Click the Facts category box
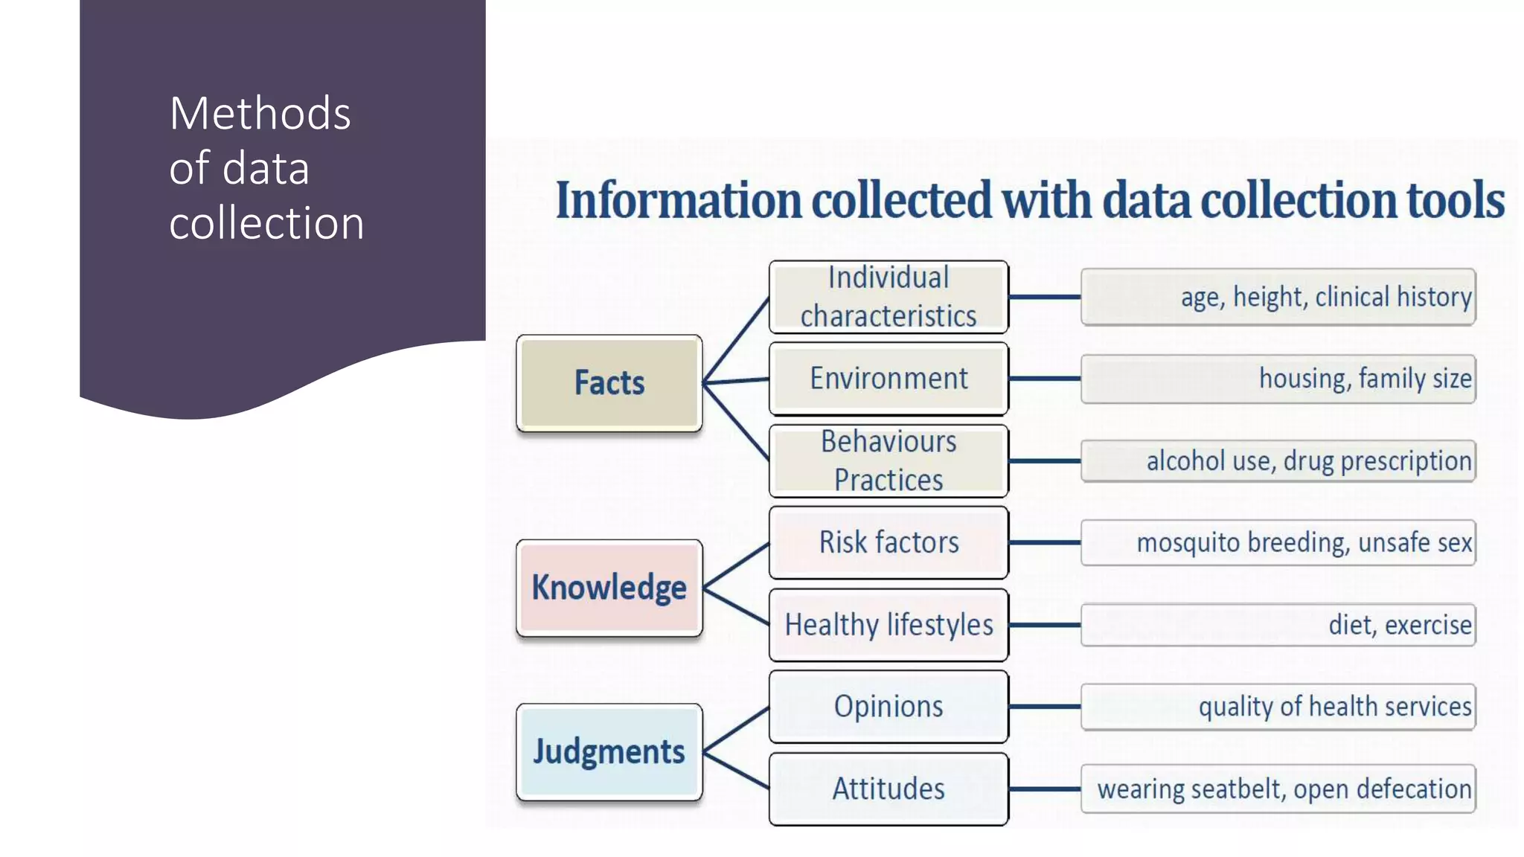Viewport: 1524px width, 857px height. tap(609, 383)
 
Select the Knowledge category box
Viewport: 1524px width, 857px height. tap(609, 588)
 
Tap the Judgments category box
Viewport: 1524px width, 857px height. tap(609, 751)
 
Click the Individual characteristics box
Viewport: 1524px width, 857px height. tap(889, 297)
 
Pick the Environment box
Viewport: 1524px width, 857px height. tap(889, 379)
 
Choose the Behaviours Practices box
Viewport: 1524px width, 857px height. tap(889, 461)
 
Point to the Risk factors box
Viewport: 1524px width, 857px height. tap(889, 542)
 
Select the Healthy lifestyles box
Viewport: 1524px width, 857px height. tap(889, 625)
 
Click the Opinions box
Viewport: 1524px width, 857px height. tap(889, 707)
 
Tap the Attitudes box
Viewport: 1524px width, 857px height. tap(889, 789)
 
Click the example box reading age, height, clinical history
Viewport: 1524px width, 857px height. tap(1278, 297)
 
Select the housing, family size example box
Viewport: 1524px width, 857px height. tap(1278, 379)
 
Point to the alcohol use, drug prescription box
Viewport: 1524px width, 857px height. tap(1278, 461)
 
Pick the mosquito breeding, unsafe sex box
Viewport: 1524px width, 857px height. tap(1278, 542)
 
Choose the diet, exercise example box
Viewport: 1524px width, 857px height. tap(1278, 625)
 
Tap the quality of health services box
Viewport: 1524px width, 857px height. tap(1278, 707)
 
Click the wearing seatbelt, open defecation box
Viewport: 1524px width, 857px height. tap(1278, 789)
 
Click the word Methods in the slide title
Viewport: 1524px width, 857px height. tap(260, 114)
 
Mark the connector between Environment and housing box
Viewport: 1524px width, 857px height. tap(1045, 379)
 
